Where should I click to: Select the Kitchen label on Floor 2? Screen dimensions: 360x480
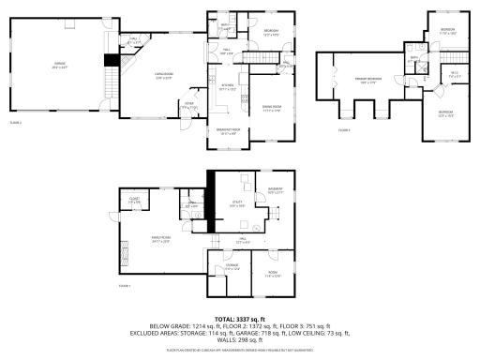pos(228,85)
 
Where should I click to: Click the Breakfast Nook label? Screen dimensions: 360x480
pos(229,131)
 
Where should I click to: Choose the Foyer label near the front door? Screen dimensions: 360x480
pos(188,106)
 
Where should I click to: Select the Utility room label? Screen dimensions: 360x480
pos(237,203)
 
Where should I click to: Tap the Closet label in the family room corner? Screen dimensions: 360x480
pos(133,200)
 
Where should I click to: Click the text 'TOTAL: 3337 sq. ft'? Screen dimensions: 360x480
pos(239,320)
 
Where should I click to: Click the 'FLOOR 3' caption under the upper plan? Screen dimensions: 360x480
pos(344,129)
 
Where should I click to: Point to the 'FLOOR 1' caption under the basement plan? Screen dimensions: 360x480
pos(125,285)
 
